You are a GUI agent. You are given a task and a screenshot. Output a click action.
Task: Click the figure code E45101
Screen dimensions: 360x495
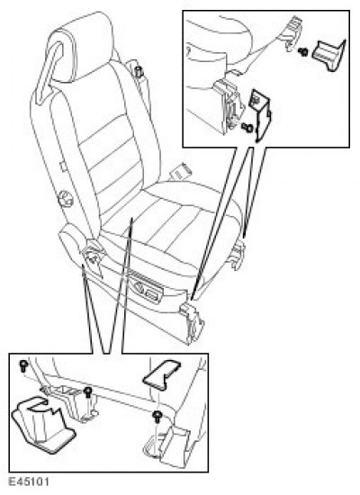pos(29,482)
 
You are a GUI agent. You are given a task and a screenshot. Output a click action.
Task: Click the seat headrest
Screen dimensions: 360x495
pos(79,48)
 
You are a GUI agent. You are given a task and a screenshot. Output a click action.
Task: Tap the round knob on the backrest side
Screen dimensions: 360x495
pos(65,199)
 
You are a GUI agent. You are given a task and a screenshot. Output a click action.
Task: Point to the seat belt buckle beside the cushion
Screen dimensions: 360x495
pos(181,171)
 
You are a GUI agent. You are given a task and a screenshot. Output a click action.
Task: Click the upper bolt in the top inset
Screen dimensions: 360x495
pos(302,51)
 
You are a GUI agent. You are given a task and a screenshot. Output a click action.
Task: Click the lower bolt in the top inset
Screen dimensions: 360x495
pos(247,128)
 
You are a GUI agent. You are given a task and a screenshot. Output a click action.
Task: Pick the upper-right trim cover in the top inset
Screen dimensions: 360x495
pos(328,54)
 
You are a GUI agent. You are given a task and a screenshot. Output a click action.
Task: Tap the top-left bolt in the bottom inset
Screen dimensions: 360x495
pos(23,365)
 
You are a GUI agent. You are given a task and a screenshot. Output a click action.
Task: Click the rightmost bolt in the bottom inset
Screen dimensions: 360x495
pos(157,416)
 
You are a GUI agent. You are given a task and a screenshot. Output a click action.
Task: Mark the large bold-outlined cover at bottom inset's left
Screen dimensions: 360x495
pos(42,425)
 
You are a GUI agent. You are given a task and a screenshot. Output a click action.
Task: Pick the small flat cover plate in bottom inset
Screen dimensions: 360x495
pos(161,374)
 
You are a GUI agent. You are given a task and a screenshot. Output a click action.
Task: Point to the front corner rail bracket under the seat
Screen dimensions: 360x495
pos(192,322)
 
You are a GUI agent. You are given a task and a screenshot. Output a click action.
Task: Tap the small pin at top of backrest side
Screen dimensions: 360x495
pos(139,71)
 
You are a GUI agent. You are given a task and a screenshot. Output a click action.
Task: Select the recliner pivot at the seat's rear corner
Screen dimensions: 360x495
pos(93,256)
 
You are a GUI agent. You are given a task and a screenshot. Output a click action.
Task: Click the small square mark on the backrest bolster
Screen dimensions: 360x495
pos(63,166)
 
